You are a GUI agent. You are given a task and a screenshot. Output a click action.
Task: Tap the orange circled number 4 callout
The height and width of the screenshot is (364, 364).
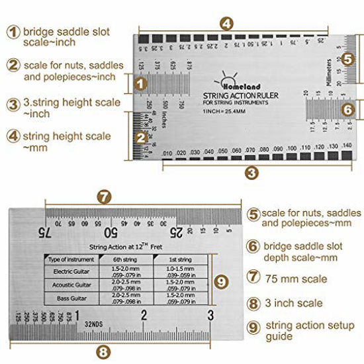coord(226,23)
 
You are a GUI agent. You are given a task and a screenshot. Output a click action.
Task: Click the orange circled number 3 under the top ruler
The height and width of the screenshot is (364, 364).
coord(251,173)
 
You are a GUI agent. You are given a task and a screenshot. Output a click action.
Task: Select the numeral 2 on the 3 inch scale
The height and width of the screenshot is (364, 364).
coord(144,315)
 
